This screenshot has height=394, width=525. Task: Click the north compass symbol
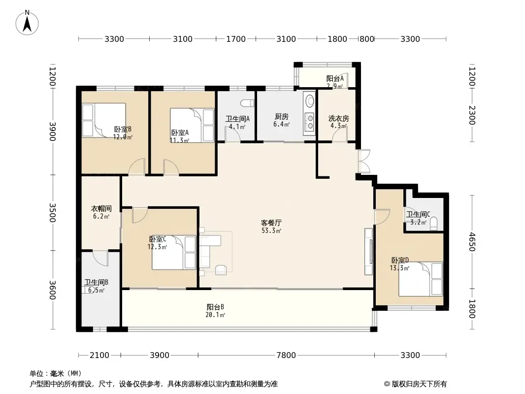28,22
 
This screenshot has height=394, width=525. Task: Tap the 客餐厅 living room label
271,223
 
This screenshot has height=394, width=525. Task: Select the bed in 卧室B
104,121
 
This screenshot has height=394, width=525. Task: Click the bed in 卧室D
421,279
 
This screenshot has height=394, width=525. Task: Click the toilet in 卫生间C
433,225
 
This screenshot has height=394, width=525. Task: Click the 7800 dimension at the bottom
286,355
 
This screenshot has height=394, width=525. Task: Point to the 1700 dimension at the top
235,39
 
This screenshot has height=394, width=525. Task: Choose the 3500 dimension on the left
53,212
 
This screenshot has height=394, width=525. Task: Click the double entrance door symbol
364,161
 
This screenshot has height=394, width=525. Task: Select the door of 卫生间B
100,258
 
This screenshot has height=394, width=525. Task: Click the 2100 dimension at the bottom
99,355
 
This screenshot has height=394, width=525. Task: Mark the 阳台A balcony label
335,78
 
